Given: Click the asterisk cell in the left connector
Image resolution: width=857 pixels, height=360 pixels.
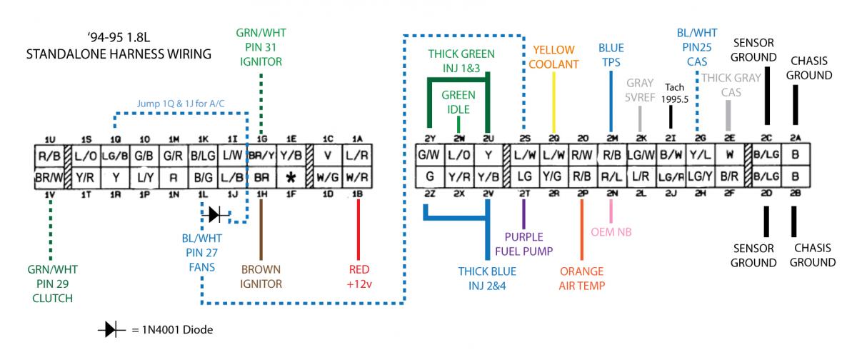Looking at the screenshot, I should coord(289,175).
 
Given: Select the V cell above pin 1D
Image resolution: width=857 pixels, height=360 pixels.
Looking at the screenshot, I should coord(328,154).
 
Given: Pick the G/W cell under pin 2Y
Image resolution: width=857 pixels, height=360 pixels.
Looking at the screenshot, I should coord(430,154).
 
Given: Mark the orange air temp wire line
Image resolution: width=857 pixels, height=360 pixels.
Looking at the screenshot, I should coord(582,229).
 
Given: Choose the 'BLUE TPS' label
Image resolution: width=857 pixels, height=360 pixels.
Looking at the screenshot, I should coord(611,54).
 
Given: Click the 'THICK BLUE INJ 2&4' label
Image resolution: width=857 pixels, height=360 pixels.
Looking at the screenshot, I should coord(487,278).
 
